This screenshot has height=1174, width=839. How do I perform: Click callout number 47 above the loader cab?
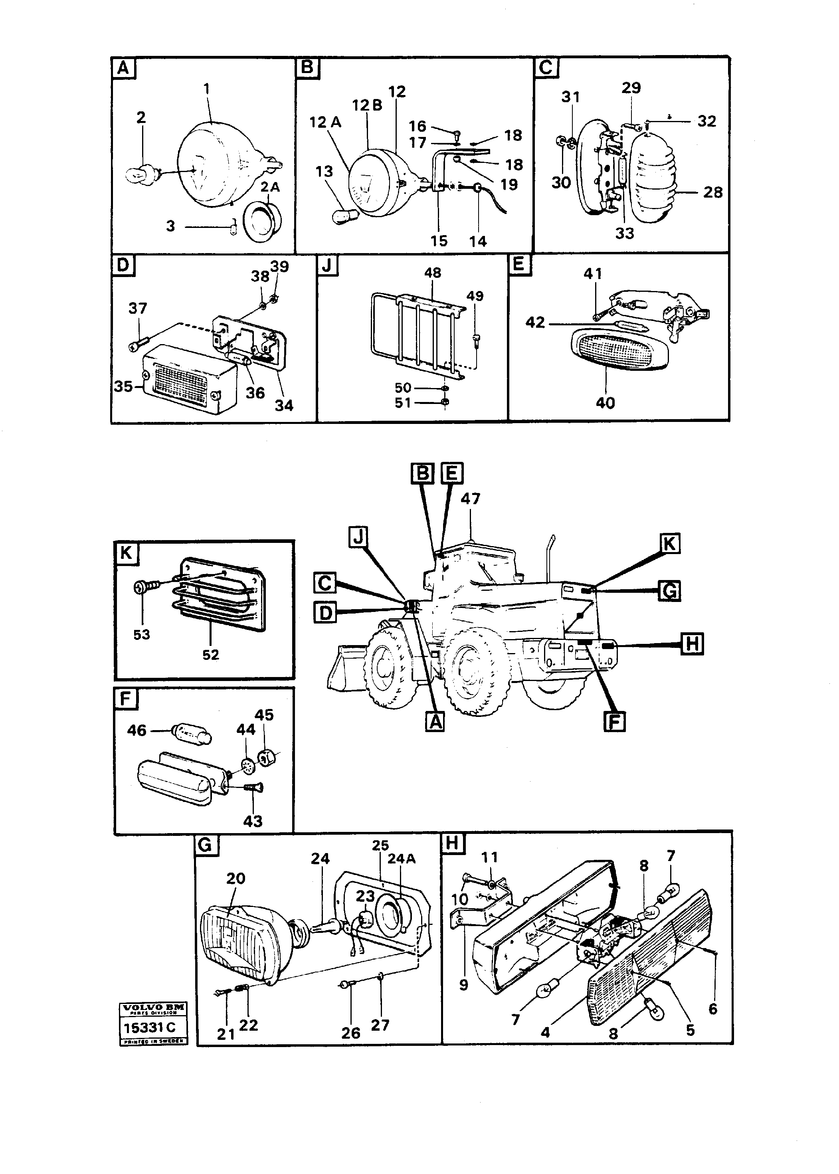click(470, 499)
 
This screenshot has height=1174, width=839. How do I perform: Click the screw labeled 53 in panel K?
click(143, 586)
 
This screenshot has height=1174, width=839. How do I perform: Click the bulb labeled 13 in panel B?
click(342, 216)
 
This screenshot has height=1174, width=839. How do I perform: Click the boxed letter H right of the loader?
click(692, 644)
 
